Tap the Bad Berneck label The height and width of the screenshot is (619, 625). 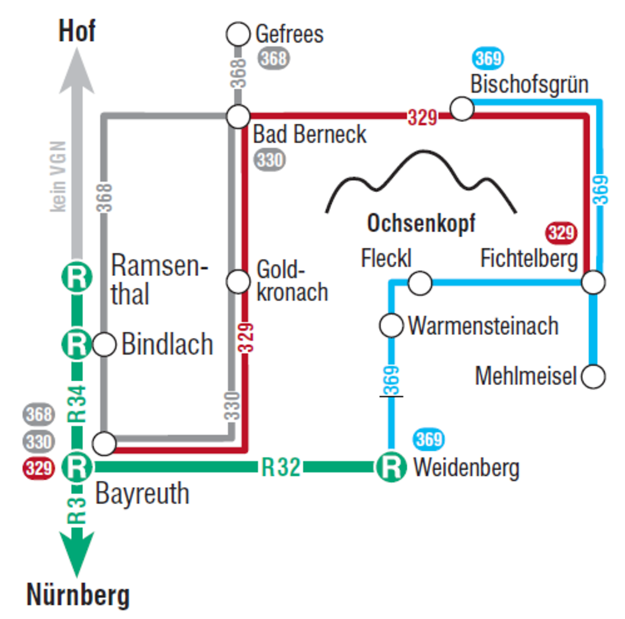310,134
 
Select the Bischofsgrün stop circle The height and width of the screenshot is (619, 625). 462,109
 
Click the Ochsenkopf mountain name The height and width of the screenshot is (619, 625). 421,223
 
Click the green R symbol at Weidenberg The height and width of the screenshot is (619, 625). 391,467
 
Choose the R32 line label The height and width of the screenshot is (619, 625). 280,467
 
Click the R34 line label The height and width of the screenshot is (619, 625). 77,403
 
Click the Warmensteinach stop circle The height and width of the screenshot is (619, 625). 392,325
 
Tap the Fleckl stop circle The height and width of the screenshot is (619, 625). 421,283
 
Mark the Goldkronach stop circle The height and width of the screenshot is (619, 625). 238,282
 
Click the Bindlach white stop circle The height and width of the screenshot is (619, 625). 105,344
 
